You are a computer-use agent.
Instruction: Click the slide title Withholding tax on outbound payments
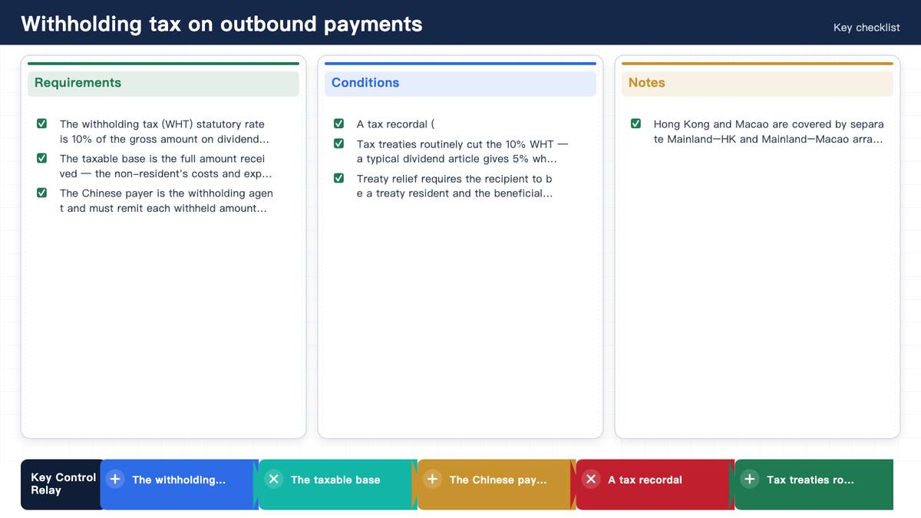pyautogui.click(x=222, y=24)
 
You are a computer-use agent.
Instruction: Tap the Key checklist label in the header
pyautogui.click(x=867, y=28)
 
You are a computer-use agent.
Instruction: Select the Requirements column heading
pyautogui.click(x=78, y=83)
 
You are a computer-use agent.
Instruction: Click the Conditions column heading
pyautogui.click(x=365, y=83)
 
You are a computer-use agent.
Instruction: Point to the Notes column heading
pyautogui.click(x=646, y=83)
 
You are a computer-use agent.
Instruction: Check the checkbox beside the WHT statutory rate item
pyautogui.click(x=41, y=124)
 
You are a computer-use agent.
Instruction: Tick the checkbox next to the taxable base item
pyautogui.click(x=41, y=158)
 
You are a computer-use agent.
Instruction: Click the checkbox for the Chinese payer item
pyautogui.click(x=41, y=193)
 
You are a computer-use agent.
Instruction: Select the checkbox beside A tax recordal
pyautogui.click(x=338, y=124)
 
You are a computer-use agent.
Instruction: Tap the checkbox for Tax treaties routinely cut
pyautogui.click(x=338, y=144)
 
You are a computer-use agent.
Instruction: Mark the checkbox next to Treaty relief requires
pyautogui.click(x=338, y=178)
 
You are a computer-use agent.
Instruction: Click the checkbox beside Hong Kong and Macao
pyautogui.click(x=635, y=124)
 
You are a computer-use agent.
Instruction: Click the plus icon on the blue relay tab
pyautogui.click(x=115, y=479)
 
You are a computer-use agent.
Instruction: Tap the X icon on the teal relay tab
pyautogui.click(x=273, y=479)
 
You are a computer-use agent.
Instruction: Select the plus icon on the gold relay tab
pyautogui.click(x=432, y=479)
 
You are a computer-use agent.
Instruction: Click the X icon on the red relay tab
pyautogui.click(x=591, y=479)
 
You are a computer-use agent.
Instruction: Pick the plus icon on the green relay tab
pyautogui.click(x=750, y=479)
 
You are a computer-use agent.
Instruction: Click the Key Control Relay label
pyautogui.click(x=63, y=484)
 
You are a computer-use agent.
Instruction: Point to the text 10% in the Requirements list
pyautogui.click(x=81, y=140)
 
